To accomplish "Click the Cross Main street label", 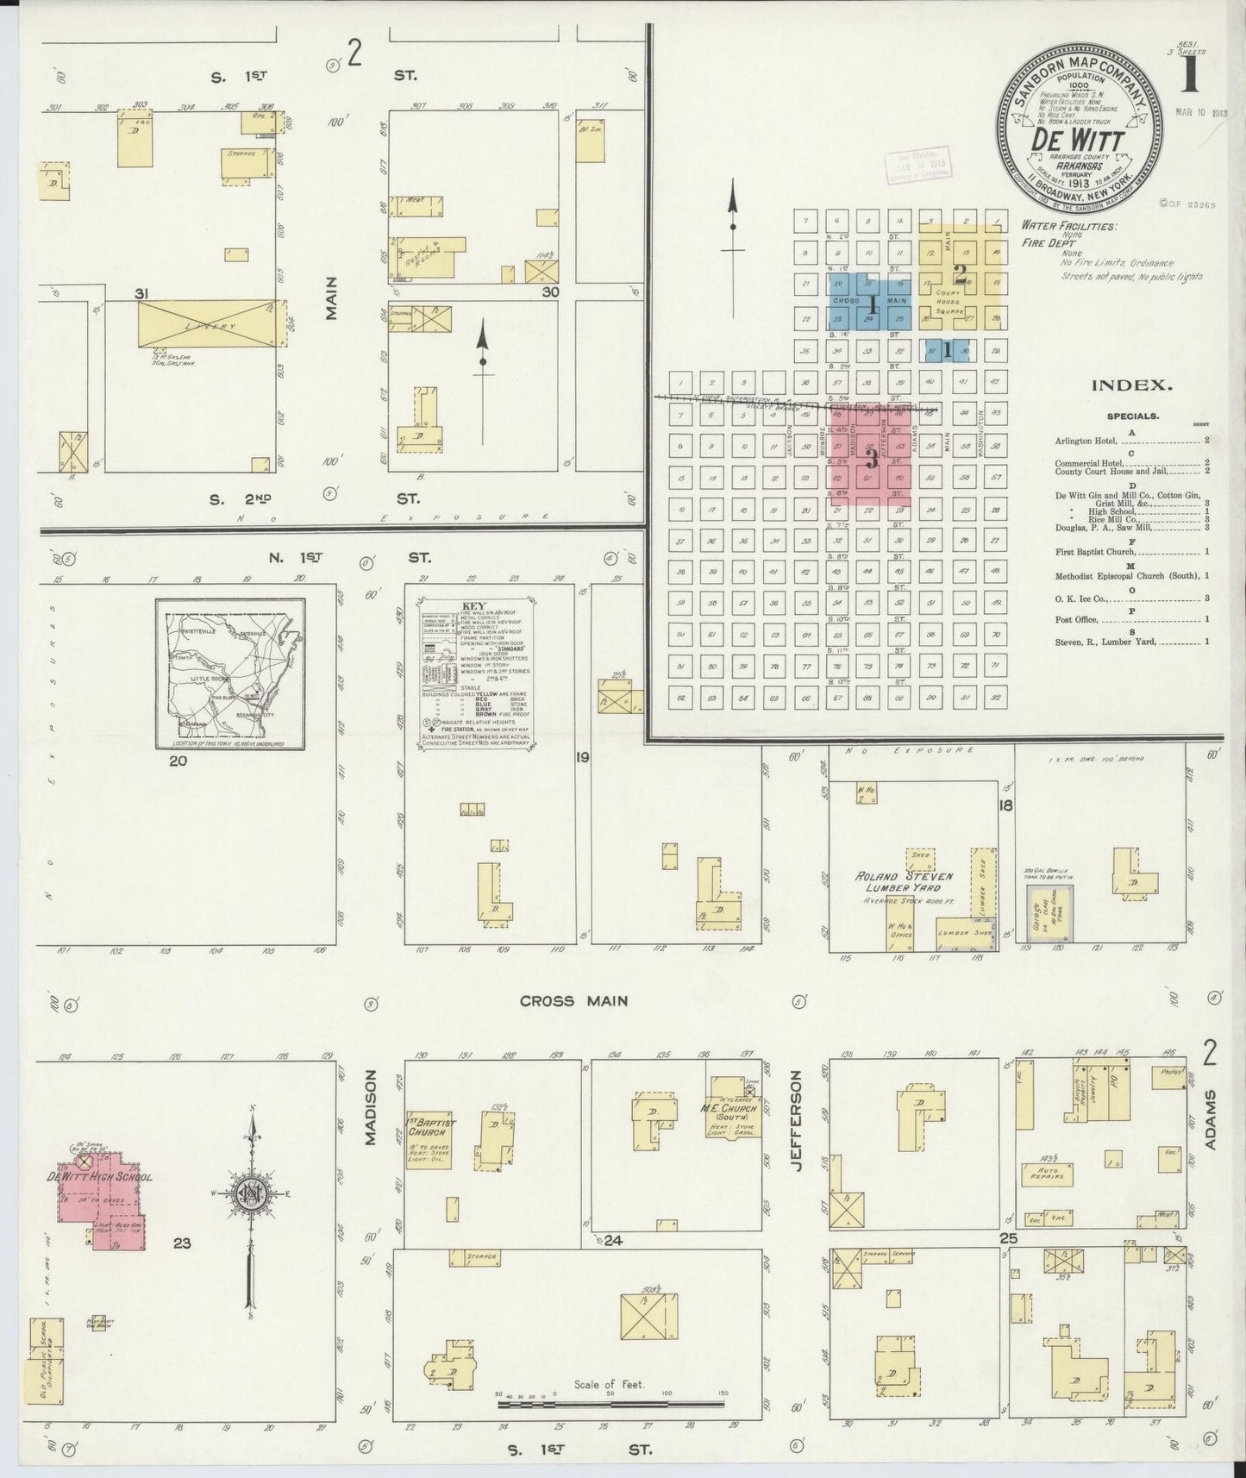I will [573, 1001].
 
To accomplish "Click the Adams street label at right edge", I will [1211, 1120].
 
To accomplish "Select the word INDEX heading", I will [1131, 386].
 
